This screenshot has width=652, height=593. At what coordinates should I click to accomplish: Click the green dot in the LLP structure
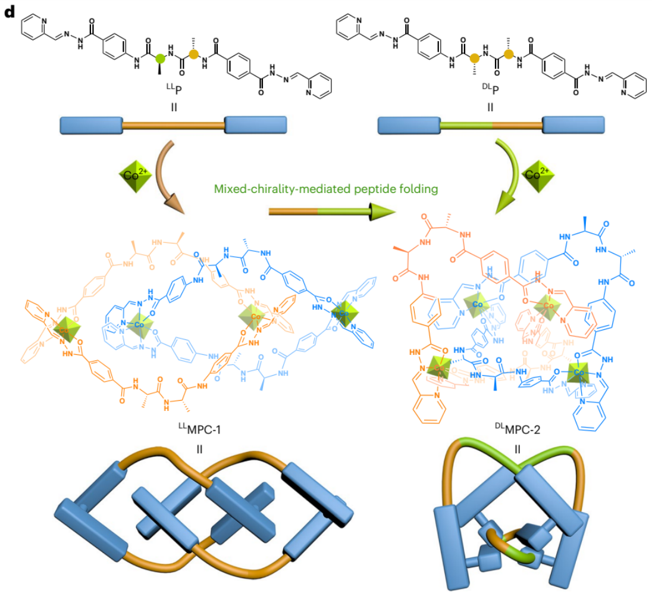tap(159, 58)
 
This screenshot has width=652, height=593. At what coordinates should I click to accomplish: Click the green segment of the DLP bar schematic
tap(466, 126)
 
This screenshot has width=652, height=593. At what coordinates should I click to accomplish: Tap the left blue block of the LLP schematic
tap(90, 126)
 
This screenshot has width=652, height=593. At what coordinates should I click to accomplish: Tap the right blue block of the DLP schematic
tap(573, 126)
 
